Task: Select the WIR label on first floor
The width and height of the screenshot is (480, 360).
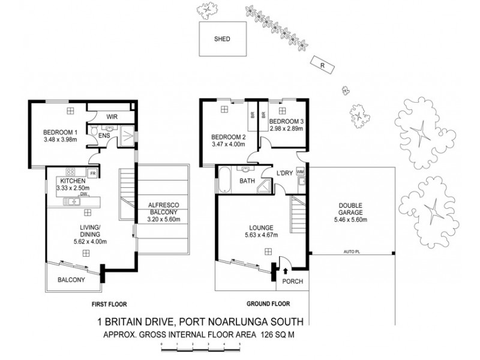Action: [112, 116]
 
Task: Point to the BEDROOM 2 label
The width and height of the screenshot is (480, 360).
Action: [226, 136]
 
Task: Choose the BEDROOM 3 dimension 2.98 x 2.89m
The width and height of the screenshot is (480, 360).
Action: [286, 128]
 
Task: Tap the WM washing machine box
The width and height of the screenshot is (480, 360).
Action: [299, 172]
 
